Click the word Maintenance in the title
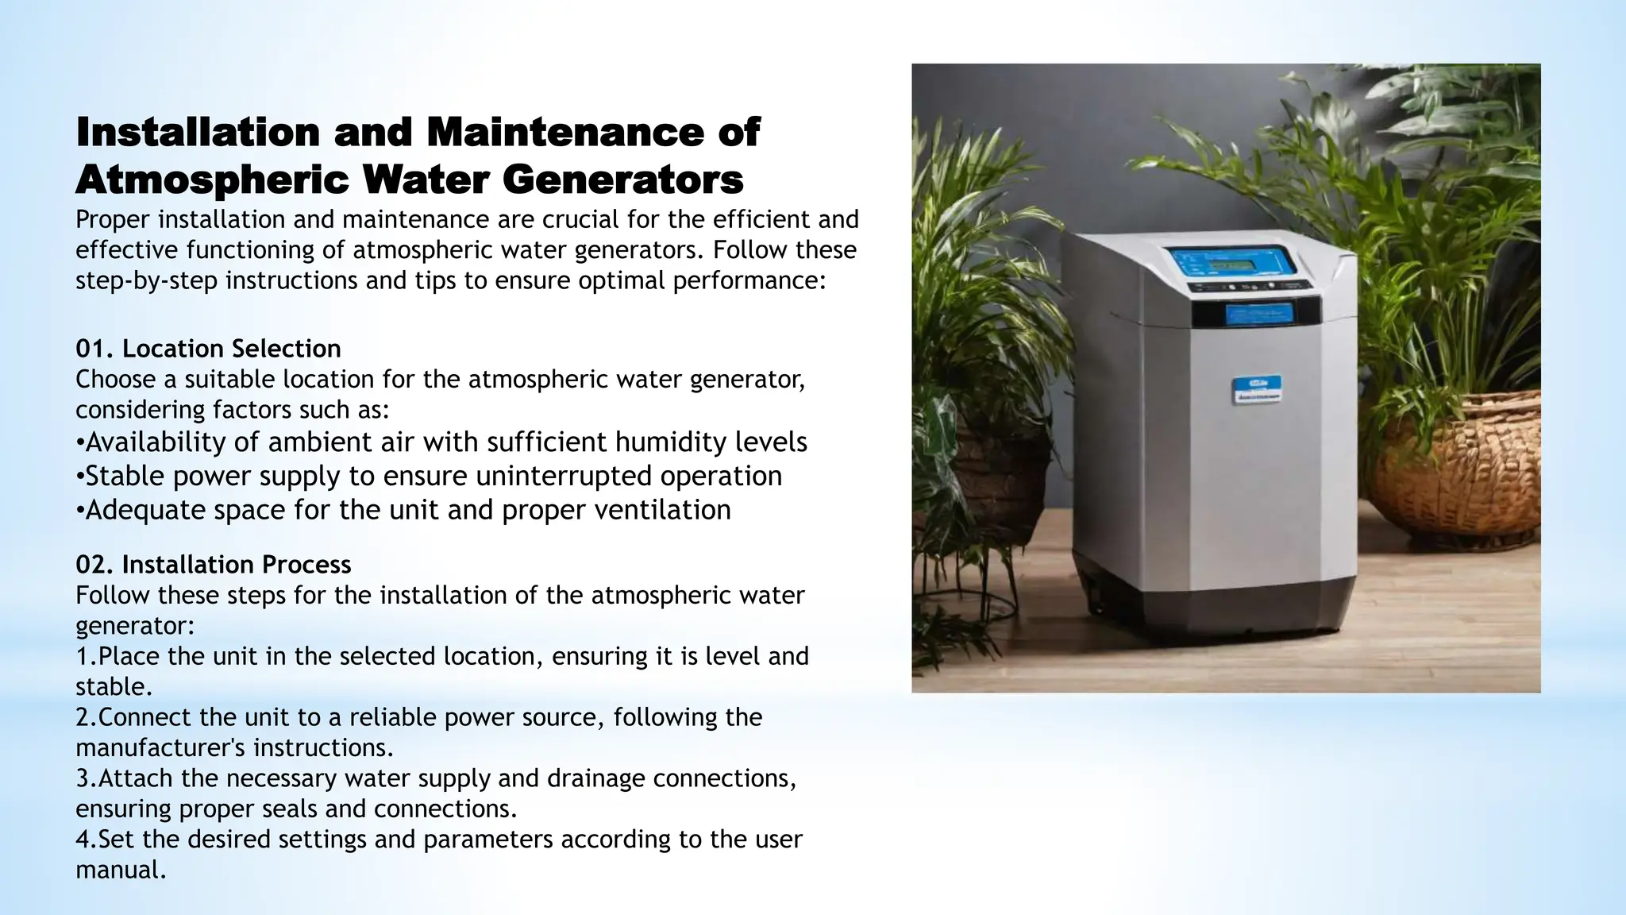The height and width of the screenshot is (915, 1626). pyautogui.click(x=564, y=132)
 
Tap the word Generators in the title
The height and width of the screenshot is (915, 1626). pyautogui.click(x=622, y=180)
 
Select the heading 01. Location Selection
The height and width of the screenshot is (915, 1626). pyautogui.click(x=208, y=349)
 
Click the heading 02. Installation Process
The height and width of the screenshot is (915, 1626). pyautogui.click(x=213, y=565)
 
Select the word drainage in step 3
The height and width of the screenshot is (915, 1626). pyautogui.click(x=596, y=778)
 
